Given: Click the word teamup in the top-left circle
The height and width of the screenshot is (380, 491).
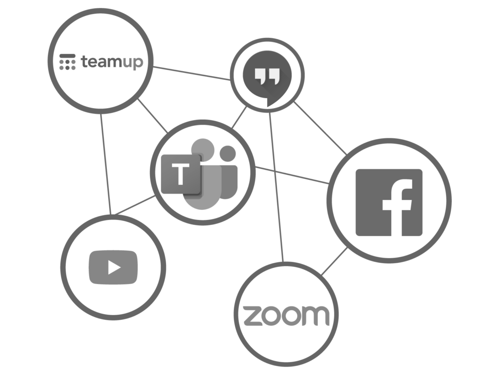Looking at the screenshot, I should click(112, 62).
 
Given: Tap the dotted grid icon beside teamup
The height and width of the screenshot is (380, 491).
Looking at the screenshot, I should click(67, 62).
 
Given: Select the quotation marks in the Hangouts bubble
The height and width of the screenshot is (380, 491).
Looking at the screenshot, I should click(267, 75).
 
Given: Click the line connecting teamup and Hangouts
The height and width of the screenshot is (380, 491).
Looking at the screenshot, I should click(192, 73).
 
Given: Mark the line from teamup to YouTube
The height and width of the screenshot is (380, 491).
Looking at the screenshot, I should click(106, 163).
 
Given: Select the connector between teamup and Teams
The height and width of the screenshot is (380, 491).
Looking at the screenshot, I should click(153, 116).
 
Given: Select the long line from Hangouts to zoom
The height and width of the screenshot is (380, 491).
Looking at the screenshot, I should click(277, 187).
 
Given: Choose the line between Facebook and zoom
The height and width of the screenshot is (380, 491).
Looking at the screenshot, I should click(334, 262).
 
